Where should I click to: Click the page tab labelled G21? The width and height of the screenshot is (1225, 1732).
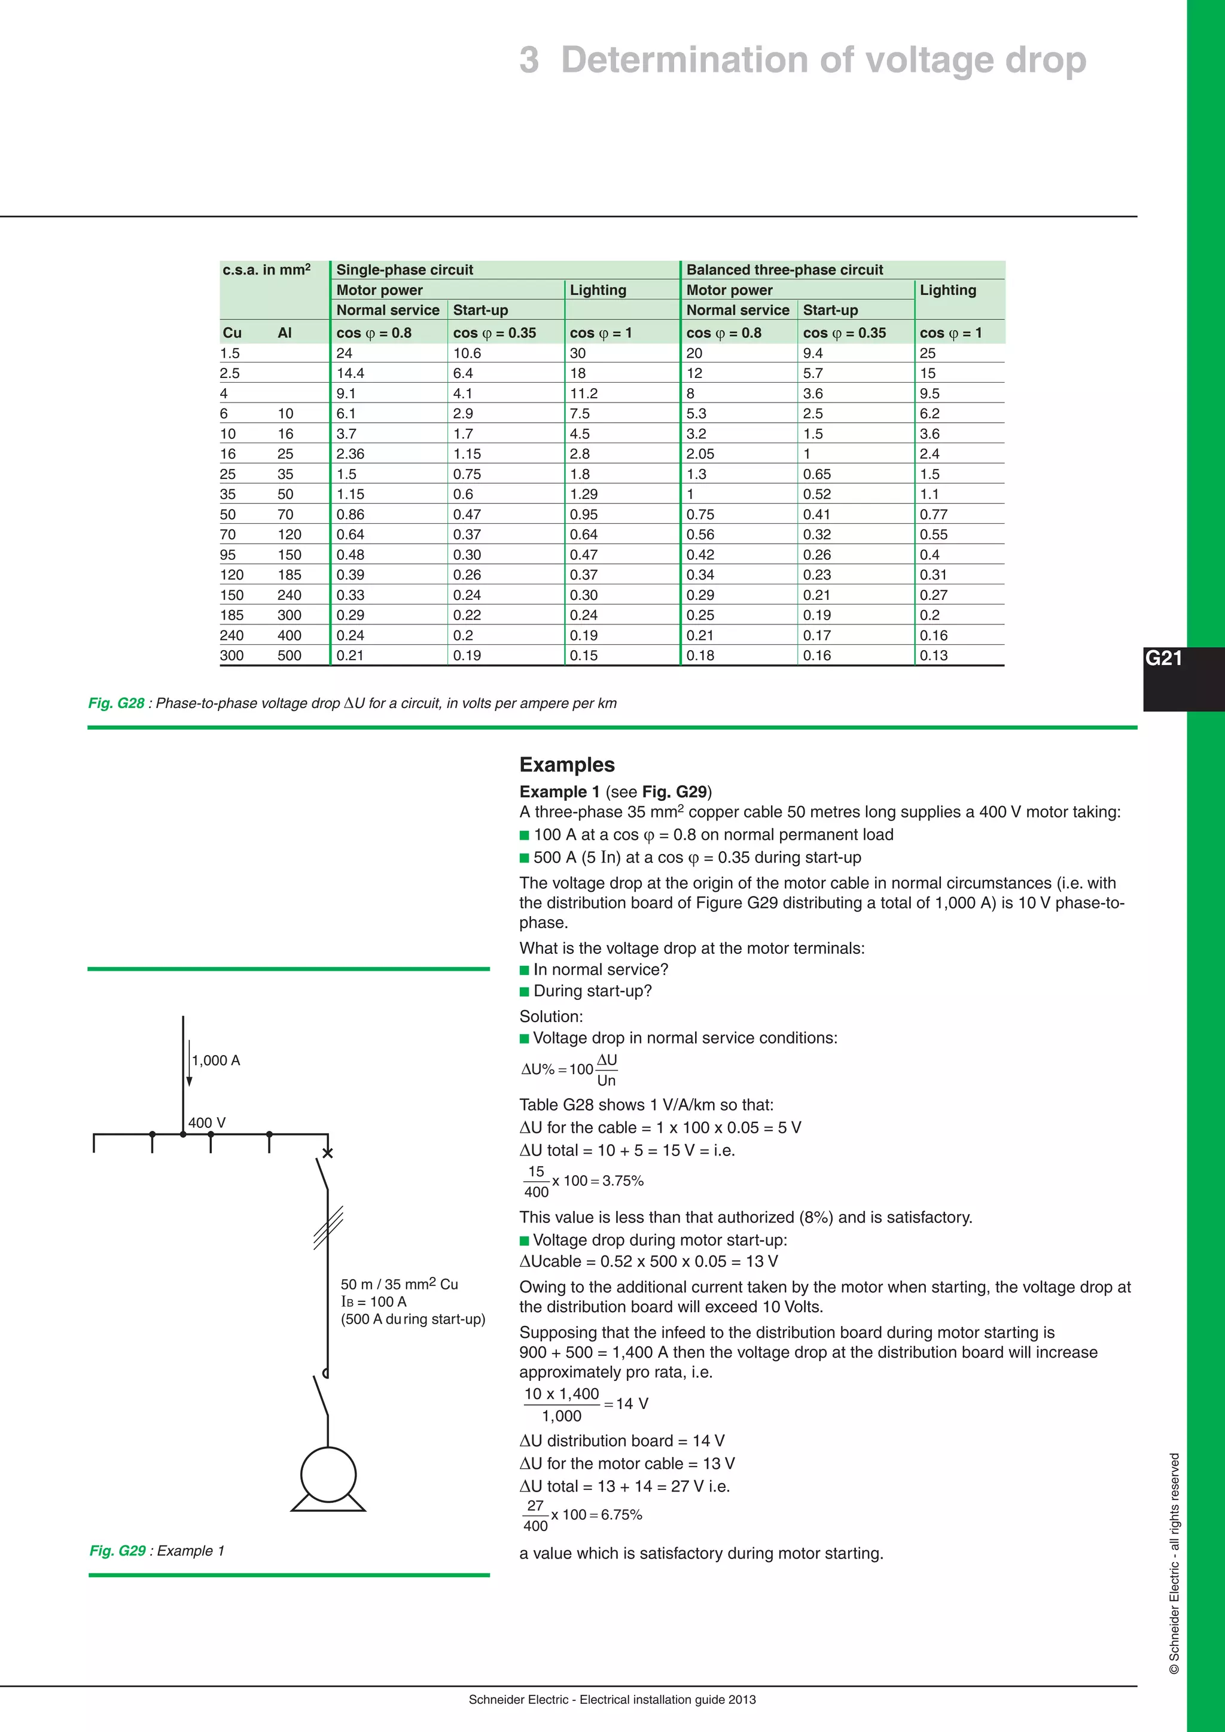1164,658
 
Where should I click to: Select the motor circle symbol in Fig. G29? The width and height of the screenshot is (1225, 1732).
328,1475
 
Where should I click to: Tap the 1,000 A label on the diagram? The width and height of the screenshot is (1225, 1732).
216,1060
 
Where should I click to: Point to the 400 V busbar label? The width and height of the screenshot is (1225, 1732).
207,1123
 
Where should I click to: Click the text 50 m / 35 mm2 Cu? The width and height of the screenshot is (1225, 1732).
399,1284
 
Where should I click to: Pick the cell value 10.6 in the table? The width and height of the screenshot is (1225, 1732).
467,353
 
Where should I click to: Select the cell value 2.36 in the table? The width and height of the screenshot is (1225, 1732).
350,454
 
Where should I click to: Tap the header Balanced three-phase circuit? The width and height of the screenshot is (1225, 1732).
785,270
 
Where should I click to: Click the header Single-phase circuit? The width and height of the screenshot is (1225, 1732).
404,270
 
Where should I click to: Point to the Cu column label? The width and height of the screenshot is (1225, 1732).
231,333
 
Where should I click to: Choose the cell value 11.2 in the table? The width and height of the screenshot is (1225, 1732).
583,393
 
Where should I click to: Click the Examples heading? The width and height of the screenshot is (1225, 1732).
566,764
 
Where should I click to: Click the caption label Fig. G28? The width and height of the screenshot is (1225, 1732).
116,703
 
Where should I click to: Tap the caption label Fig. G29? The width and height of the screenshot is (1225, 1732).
117,1550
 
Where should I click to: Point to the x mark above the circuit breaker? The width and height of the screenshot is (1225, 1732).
327,1152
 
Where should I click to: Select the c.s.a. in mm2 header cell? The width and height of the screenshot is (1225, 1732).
266,270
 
